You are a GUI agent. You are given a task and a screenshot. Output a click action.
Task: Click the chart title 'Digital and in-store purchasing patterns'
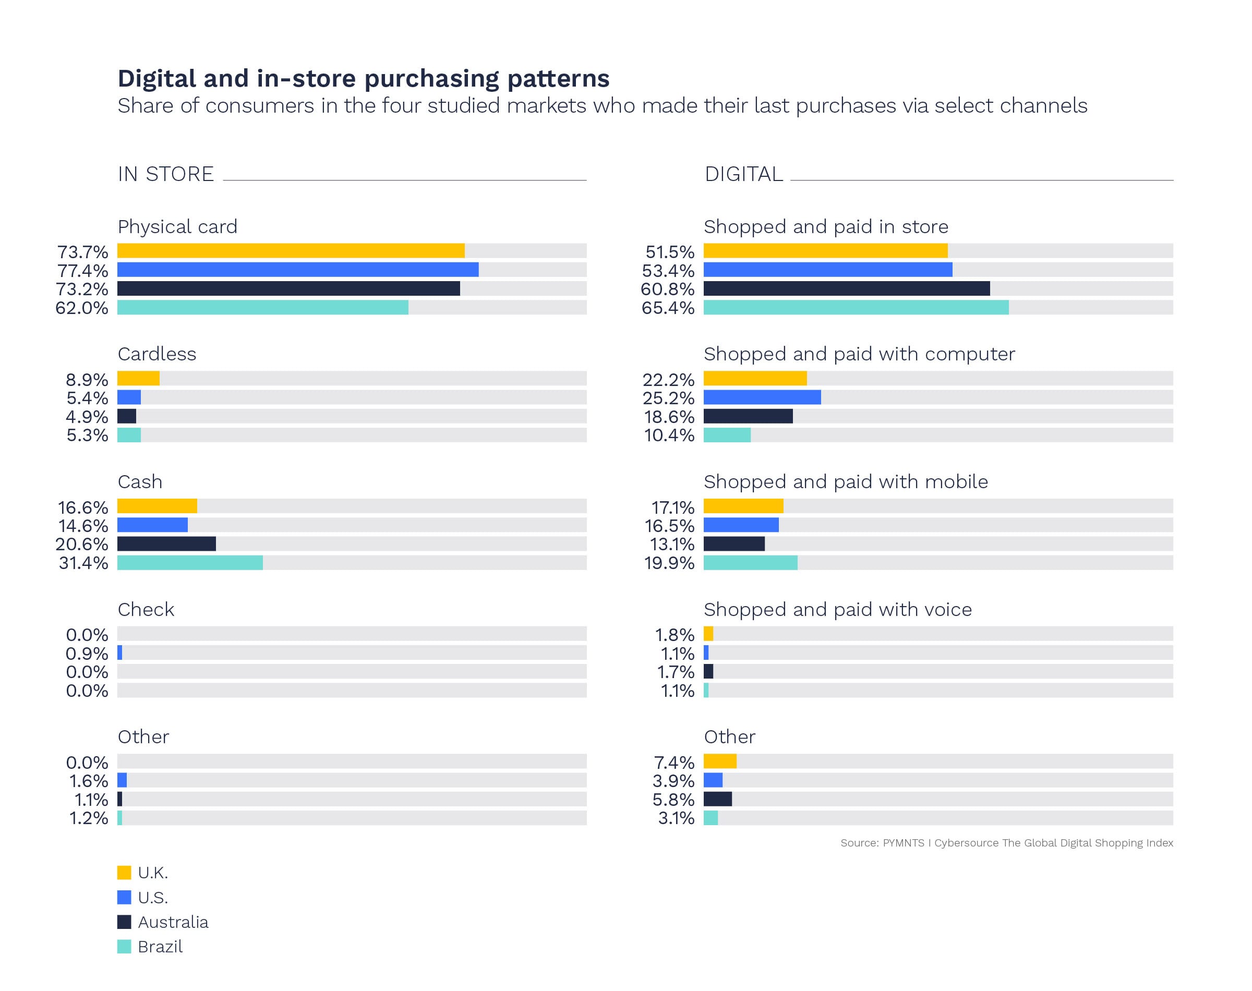(x=363, y=78)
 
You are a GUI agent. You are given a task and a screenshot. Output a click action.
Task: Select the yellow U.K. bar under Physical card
(x=290, y=251)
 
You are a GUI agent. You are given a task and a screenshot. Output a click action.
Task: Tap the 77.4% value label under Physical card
(x=82, y=270)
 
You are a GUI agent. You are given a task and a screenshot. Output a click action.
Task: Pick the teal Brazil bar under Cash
(x=190, y=562)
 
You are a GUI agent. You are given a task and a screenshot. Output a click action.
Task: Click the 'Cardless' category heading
(x=156, y=354)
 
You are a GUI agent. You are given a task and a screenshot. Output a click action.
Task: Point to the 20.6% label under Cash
(x=82, y=544)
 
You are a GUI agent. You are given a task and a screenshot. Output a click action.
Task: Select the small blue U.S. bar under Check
(x=119, y=652)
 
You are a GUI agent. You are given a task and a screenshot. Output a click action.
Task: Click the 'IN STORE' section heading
(x=165, y=174)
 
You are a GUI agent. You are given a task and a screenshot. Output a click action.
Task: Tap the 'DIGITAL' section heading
(x=743, y=174)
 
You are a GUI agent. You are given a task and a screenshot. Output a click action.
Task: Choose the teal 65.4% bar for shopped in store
(x=855, y=308)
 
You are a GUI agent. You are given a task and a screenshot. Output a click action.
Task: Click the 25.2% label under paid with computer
(x=668, y=398)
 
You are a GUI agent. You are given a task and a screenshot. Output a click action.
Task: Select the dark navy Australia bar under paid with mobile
(x=733, y=543)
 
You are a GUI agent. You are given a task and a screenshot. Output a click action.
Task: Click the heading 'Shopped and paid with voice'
(x=837, y=609)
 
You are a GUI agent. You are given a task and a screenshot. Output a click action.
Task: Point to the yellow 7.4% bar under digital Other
(x=719, y=760)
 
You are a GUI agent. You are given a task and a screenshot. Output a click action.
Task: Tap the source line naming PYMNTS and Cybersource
(x=1006, y=842)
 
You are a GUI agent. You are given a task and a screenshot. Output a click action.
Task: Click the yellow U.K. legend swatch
(x=124, y=873)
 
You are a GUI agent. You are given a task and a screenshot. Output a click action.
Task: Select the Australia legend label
(x=173, y=922)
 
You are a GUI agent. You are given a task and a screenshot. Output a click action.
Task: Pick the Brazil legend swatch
(x=124, y=946)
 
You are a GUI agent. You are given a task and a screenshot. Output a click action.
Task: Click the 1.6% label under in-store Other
(x=88, y=781)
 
